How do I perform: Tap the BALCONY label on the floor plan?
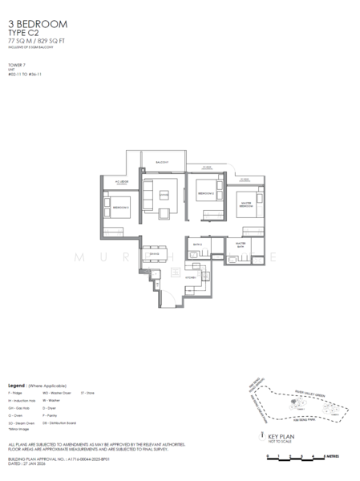pyautogui.click(x=162, y=163)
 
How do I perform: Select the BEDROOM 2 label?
pyautogui.click(x=204, y=194)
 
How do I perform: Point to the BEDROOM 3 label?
pyautogui.click(x=120, y=206)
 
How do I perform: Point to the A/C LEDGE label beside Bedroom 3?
pyautogui.click(x=122, y=182)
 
